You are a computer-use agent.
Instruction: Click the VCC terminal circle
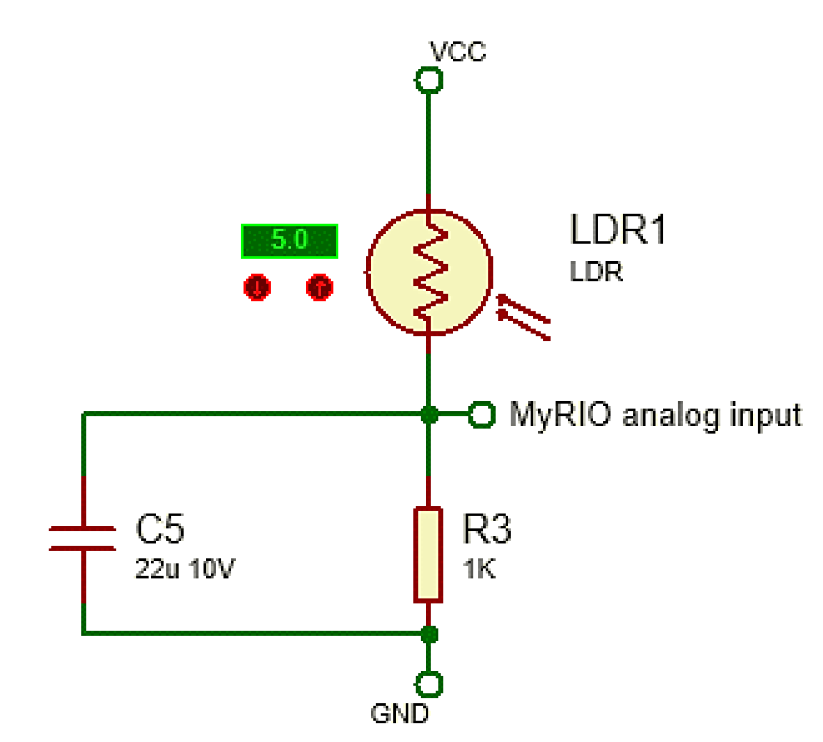(x=429, y=80)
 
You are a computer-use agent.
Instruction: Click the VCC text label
(x=458, y=51)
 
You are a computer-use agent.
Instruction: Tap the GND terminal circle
(x=429, y=684)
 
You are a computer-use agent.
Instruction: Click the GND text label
(x=400, y=714)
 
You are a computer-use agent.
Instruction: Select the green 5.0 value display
(x=290, y=241)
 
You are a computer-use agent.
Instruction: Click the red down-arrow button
(x=257, y=287)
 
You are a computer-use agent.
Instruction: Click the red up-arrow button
(x=320, y=287)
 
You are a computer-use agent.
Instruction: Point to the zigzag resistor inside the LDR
(x=430, y=273)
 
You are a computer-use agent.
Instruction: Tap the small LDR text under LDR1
(x=596, y=272)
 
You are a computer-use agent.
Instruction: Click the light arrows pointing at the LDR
(x=523, y=317)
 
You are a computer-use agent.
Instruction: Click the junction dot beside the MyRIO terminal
(x=429, y=414)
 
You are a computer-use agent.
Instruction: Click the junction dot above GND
(x=429, y=634)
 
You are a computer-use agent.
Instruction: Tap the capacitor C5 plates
(x=82, y=538)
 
